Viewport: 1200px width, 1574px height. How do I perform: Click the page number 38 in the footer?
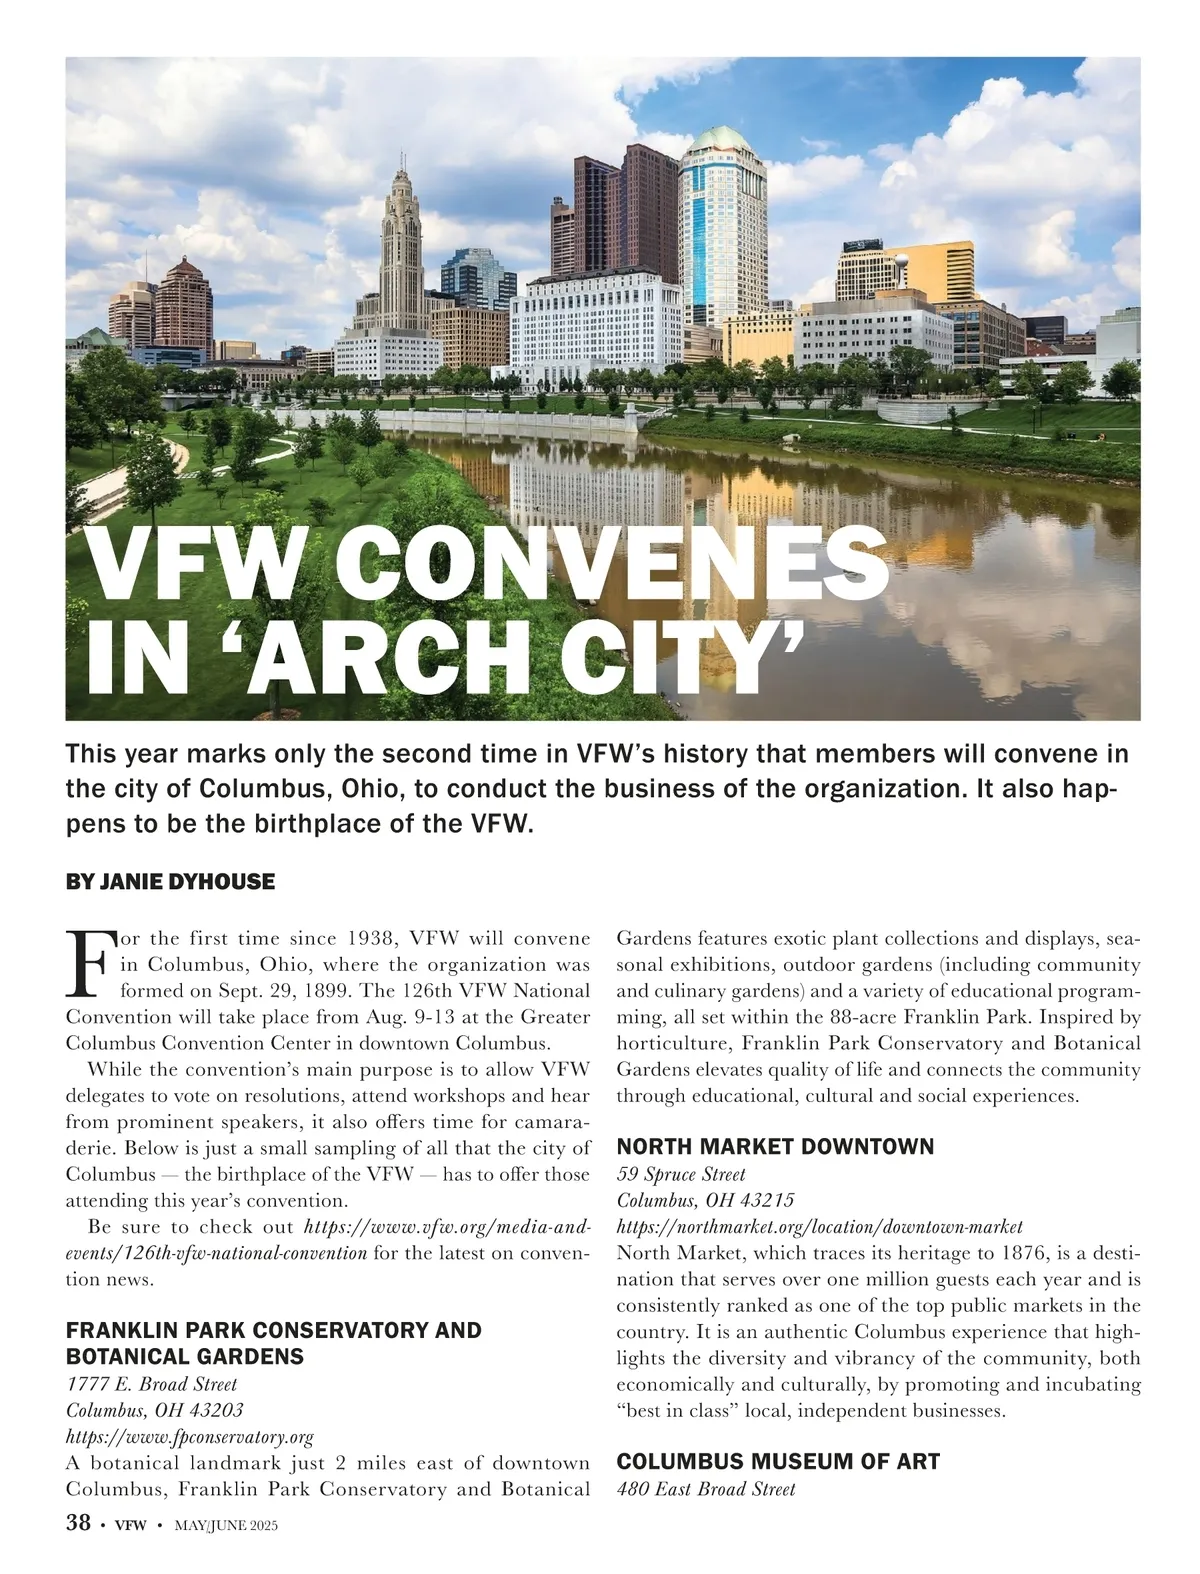click(x=78, y=1524)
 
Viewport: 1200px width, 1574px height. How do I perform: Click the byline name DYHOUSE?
click(x=226, y=882)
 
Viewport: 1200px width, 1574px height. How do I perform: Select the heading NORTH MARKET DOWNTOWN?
click(x=775, y=1147)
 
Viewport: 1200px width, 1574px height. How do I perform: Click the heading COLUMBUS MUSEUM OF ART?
click(x=778, y=1462)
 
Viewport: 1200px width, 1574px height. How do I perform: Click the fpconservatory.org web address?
click(x=190, y=1437)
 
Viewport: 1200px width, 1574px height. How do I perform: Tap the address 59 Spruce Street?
click(x=681, y=1174)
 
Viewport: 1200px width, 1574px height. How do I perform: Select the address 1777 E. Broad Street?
click(x=151, y=1385)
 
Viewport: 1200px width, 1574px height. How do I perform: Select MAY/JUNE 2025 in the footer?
click(x=226, y=1526)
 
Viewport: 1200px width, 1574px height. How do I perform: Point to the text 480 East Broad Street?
click(x=706, y=1489)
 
